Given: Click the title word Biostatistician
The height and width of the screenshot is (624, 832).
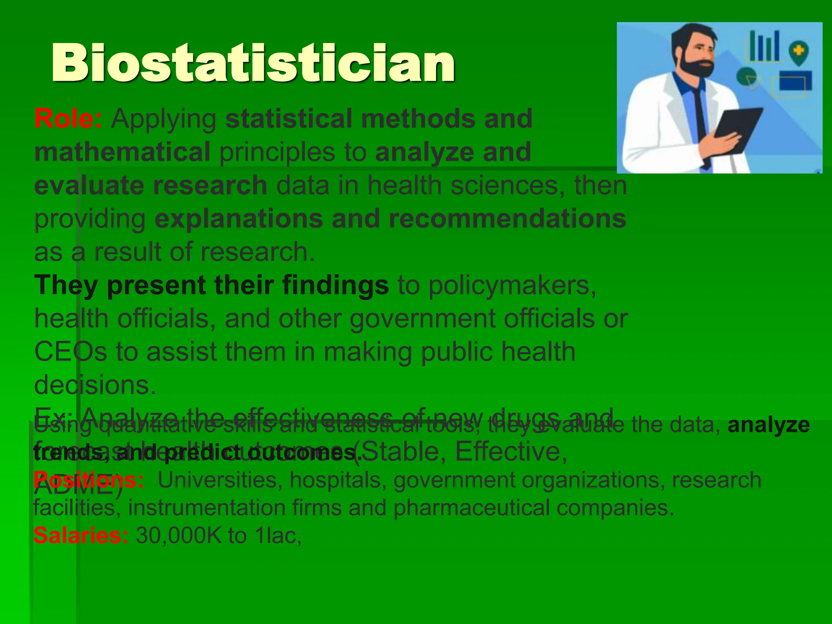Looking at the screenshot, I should tap(253, 63).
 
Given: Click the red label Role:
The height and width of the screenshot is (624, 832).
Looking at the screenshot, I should tap(68, 119).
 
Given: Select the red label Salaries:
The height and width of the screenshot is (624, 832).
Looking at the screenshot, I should tap(81, 535).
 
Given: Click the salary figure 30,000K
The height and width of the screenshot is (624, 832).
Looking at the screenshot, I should tap(178, 535).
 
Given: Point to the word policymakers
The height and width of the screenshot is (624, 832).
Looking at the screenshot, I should tap(512, 285).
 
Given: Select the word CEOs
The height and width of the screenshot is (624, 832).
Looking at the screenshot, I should tap(70, 351).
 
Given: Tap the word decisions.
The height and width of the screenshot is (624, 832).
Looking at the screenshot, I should tap(95, 385).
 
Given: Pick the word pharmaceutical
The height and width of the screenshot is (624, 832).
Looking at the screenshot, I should tap(471, 508).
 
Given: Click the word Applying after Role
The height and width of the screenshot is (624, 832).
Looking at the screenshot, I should tap(164, 119).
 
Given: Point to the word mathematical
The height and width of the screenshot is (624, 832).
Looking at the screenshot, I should tap(122, 152).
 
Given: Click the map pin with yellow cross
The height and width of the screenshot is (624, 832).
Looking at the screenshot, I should tap(798, 53).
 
